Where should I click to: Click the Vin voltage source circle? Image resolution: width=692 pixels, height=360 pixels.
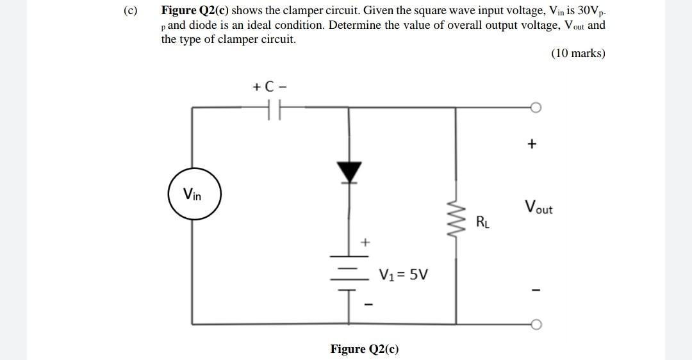194,193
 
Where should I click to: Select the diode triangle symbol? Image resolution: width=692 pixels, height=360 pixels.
349,171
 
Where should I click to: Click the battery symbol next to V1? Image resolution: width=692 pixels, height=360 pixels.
349,274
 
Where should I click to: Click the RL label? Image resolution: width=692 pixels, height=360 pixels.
484,222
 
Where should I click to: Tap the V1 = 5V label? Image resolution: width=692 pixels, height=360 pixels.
404,275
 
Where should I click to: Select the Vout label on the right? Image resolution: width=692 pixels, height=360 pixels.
538,208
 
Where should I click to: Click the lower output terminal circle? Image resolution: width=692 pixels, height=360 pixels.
536,324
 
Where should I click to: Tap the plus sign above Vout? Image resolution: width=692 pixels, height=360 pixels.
531,144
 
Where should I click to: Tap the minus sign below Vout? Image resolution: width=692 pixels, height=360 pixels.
531,291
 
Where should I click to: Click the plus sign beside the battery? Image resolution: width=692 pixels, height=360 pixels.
365,242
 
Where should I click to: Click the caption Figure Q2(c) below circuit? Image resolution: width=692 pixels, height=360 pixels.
364,349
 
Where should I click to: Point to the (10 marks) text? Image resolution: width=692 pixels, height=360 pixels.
577,53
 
